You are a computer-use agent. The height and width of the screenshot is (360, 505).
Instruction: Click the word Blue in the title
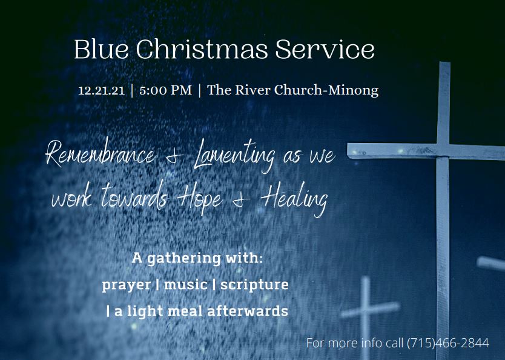[102, 49]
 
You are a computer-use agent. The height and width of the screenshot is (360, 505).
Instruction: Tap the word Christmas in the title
[202, 49]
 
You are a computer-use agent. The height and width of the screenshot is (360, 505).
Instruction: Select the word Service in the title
[325, 49]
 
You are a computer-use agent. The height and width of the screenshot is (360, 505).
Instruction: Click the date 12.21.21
[101, 90]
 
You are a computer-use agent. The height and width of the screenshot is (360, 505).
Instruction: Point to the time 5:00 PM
[165, 90]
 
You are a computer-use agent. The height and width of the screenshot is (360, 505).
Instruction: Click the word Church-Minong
[326, 90]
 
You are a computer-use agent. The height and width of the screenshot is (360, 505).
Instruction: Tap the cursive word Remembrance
[101, 154]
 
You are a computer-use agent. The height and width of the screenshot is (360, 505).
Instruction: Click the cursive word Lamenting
[235, 156]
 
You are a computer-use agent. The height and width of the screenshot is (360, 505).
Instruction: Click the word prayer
[126, 285]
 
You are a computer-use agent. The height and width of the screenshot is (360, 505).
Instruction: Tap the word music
[185, 284]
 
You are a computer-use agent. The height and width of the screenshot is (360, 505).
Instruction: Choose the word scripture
[254, 285]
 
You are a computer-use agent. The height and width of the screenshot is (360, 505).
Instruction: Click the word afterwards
[247, 311]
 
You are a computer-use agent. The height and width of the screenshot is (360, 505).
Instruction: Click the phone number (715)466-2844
[448, 343]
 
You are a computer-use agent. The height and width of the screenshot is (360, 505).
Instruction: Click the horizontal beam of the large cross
[426, 152]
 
